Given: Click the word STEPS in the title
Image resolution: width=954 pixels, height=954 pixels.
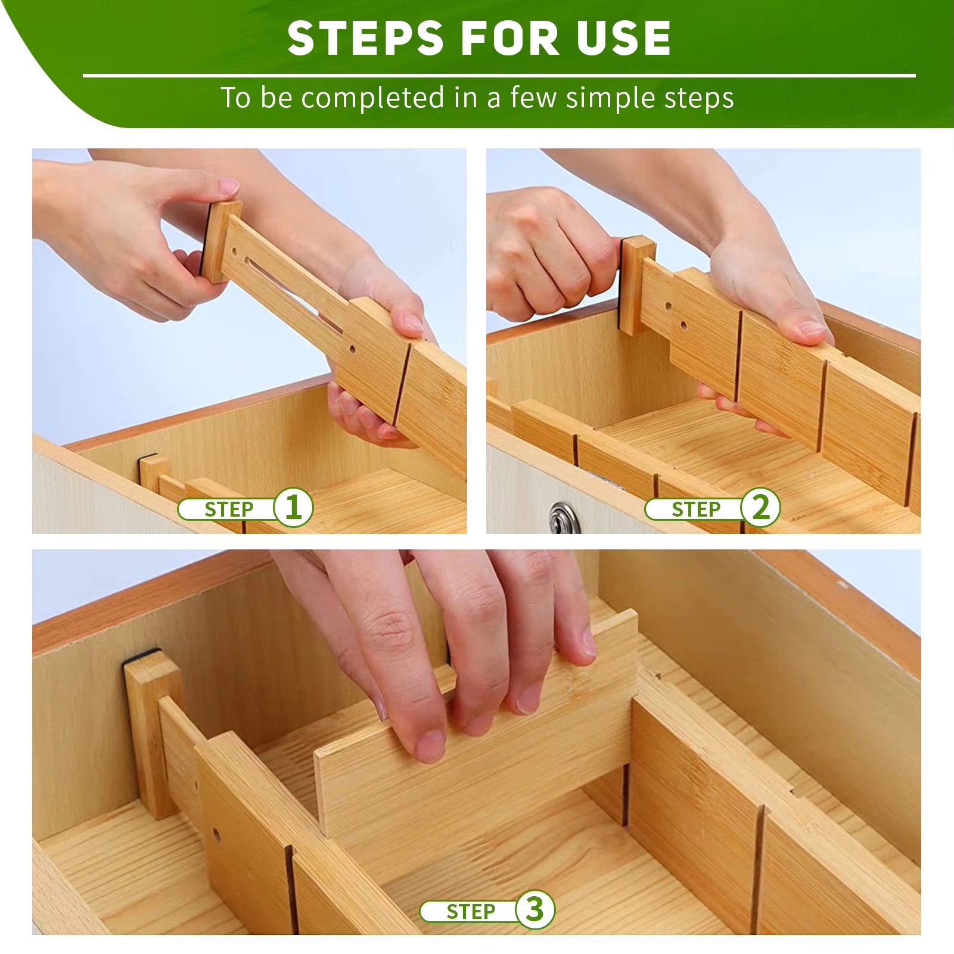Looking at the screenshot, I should (x=365, y=39).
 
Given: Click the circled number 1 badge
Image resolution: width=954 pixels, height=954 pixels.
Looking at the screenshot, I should (x=293, y=508).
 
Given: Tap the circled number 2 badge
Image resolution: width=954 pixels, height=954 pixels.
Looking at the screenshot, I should (x=760, y=508).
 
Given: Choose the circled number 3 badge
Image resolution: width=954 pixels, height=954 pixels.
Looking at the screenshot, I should (x=535, y=909).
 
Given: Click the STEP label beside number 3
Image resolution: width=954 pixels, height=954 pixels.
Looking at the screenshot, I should (x=470, y=911).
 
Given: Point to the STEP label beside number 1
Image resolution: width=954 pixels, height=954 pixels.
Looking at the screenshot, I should (x=229, y=509).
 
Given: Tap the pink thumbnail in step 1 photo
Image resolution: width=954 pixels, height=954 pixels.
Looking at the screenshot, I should (x=229, y=187).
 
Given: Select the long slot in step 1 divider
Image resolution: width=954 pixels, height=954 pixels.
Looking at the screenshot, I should (x=292, y=286).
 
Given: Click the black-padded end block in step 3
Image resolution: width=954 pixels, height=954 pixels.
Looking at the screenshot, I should (x=153, y=733).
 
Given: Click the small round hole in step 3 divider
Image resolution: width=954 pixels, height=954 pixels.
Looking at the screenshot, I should (x=216, y=834).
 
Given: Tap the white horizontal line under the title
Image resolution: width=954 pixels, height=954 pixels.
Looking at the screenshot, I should (x=499, y=76).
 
